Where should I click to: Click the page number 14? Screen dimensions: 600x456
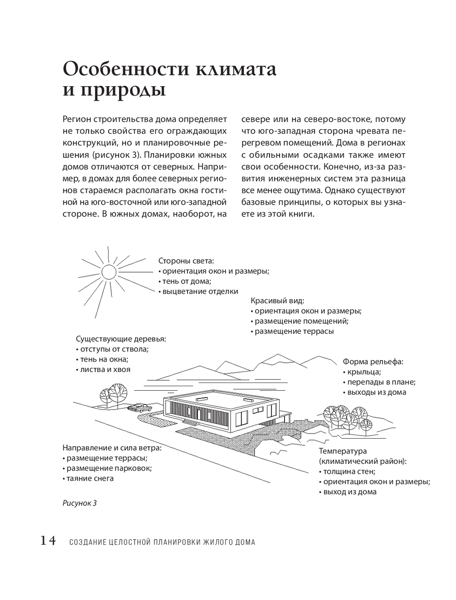[x=48, y=541]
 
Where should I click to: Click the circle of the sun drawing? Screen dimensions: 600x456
[x=109, y=272]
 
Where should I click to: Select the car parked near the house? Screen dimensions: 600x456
[x=138, y=407]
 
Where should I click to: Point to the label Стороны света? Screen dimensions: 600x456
[x=186, y=261]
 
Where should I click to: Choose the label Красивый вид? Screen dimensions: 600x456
[x=277, y=301]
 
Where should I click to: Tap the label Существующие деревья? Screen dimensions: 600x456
[x=121, y=339]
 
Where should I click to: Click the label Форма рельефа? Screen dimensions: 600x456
[x=373, y=362]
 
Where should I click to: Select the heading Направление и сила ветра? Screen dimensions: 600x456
[x=112, y=448]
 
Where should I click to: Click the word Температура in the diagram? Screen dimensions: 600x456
[x=343, y=451]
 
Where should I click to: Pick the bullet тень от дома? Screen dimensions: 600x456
[x=185, y=281]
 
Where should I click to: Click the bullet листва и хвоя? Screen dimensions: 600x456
[x=103, y=369]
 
